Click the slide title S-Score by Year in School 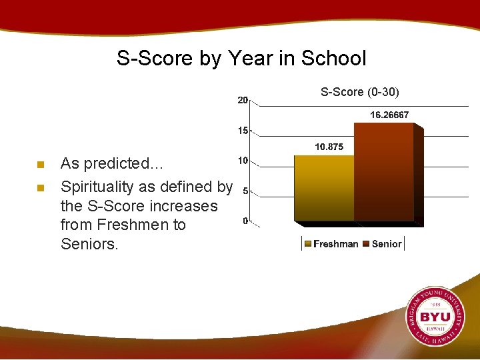pyautogui.click(x=241, y=58)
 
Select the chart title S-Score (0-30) pyautogui.click(x=360, y=91)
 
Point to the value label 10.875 pyautogui.click(x=329, y=147)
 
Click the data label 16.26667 pyautogui.click(x=389, y=115)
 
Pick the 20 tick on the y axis pyautogui.click(x=243, y=100)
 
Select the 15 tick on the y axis pyautogui.click(x=243, y=131)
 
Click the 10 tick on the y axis pyautogui.click(x=243, y=161)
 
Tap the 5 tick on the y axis pyautogui.click(x=245, y=191)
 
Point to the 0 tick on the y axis pyautogui.click(x=245, y=221)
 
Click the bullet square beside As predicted pyautogui.click(x=40, y=165)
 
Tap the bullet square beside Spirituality pyautogui.click(x=40, y=187)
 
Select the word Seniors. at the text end pyautogui.click(x=89, y=244)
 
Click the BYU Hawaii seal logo pyautogui.click(x=436, y=317)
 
